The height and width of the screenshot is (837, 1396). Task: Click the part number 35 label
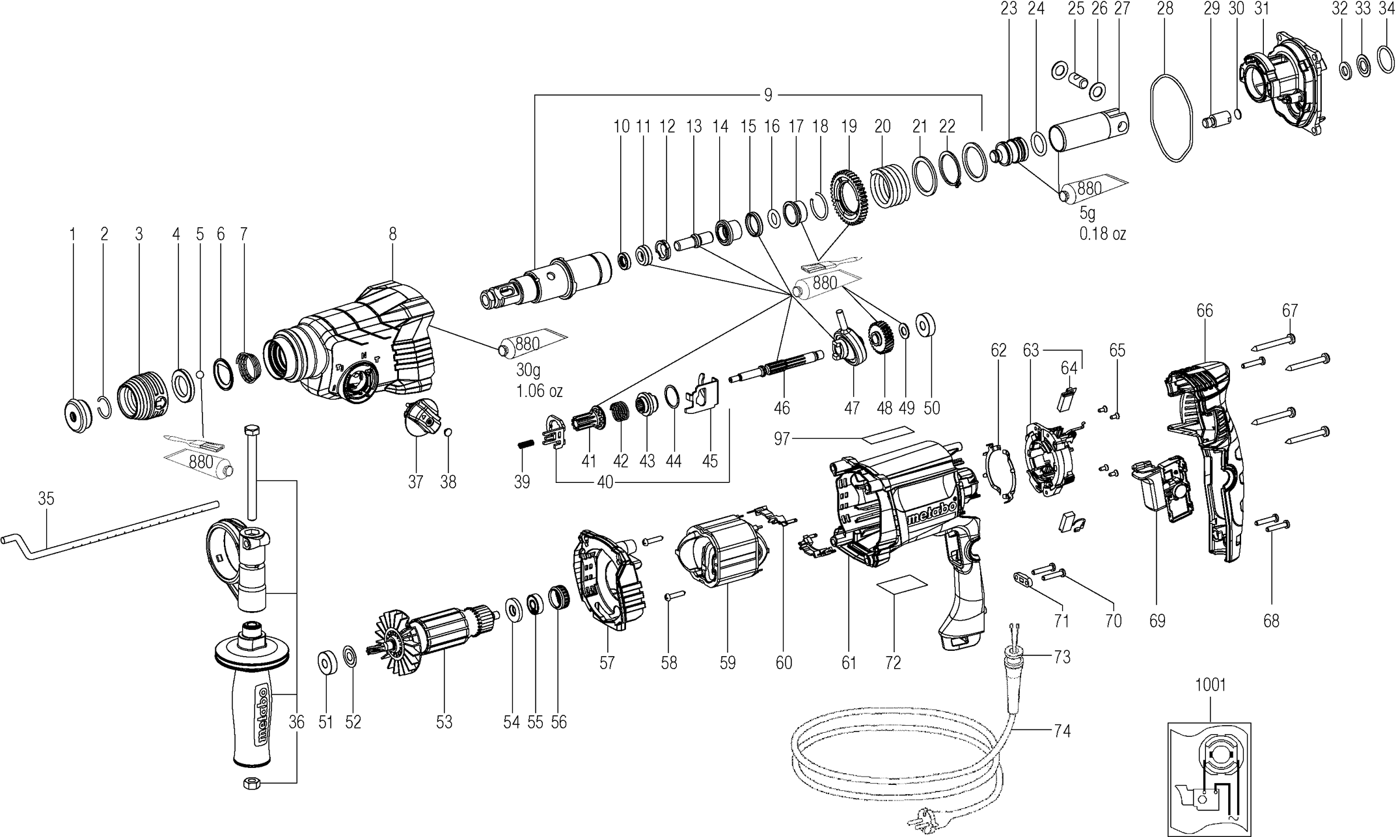[x=46, y=499]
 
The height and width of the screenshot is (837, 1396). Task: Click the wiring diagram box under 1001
[x=1209, y=778]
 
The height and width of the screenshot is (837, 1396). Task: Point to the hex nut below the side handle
[x=251, y=782]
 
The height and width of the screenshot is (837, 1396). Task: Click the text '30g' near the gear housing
[x=528, y=371]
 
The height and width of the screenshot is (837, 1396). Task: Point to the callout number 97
[x=782, y=439]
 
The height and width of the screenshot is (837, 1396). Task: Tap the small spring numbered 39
[x=525, y=445]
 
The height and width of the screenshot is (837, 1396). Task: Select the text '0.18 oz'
[x=1102, y=234]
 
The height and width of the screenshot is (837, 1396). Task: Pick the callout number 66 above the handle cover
[x=1205, y=311]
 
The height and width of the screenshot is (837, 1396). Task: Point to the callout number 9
[x=768, y=96]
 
